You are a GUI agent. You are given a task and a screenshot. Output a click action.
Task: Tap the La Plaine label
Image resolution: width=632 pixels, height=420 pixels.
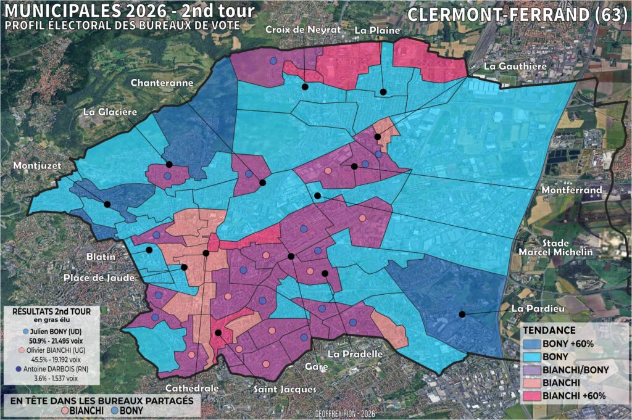377,30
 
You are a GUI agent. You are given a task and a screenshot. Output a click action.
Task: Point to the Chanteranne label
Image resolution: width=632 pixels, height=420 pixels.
162,83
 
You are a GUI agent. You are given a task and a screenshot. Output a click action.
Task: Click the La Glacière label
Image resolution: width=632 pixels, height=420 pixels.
110,112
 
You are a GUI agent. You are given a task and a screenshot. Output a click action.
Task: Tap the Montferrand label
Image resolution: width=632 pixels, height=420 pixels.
571,191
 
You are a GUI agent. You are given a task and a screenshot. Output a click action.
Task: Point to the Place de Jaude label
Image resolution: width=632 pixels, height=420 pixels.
99,278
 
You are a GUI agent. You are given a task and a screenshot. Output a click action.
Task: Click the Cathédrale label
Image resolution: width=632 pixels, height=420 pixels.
192,389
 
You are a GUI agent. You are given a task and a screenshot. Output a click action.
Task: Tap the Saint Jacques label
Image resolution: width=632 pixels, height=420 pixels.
285,389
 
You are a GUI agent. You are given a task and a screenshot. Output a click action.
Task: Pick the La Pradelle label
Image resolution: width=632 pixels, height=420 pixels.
355,354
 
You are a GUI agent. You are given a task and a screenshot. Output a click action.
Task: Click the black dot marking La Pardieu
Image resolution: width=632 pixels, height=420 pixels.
462,314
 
